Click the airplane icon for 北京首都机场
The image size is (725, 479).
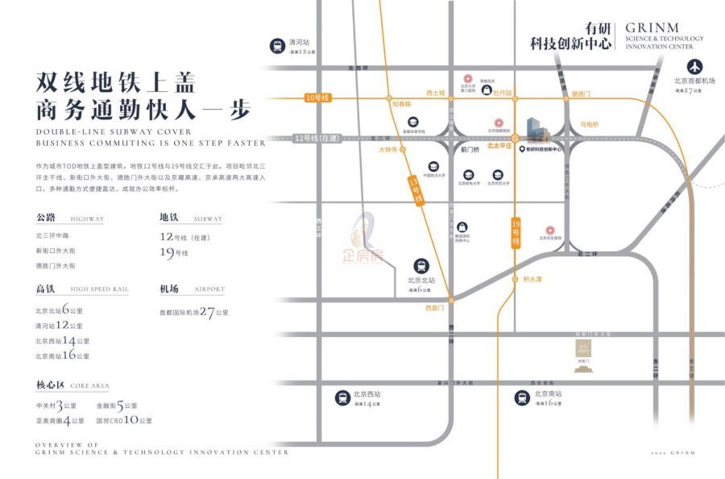point(695,65)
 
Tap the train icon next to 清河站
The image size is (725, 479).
point(277,47)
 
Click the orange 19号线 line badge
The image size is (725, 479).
point(516,231)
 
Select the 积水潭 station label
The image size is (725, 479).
point(532,279)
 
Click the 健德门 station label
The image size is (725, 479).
point(581,94)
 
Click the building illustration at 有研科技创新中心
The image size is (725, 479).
point(535,127)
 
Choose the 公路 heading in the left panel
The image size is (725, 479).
point(46,218)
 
